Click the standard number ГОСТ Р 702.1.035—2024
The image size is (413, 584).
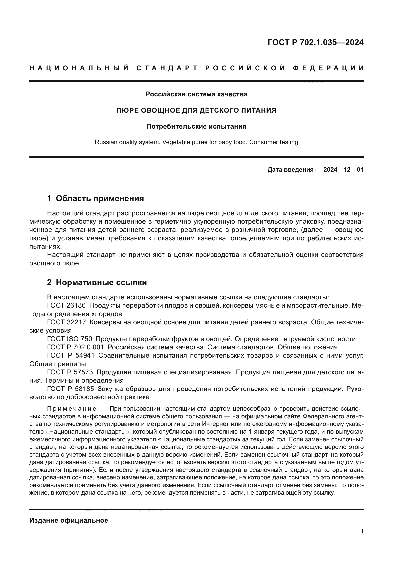[x=315, y=42]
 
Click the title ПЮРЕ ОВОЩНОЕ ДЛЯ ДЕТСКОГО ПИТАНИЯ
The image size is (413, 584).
[x=196, y=110]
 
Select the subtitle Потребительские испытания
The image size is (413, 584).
[x=196, y=126]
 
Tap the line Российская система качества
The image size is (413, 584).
[x=196, y=94]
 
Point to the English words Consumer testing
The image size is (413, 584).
[x=273, y=142]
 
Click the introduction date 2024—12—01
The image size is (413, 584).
[x=343, y=169]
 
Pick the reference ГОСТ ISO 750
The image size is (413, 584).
[x=70, y=339]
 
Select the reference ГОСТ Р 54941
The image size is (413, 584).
[x=71, y=356]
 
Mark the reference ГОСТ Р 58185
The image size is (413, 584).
[x=71, y=389]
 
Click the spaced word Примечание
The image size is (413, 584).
[x=72, y=409]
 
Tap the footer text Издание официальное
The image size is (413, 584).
[x=69, y=520]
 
